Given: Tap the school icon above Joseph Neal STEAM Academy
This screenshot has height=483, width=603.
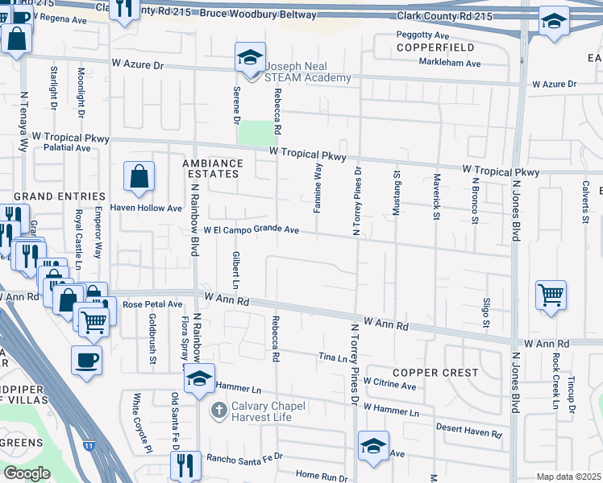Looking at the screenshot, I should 250,58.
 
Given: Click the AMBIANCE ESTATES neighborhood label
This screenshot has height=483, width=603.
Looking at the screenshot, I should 211,167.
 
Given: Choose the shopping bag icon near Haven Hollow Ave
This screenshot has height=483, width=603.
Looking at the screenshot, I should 139,176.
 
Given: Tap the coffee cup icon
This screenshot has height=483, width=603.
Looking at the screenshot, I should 86,361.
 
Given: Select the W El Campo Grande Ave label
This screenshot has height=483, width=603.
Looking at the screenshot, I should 252,230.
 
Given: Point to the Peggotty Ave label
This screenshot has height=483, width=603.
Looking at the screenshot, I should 422,35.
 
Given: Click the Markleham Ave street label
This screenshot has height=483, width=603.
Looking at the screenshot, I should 450,63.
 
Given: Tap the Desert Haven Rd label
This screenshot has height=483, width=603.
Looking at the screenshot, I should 468,431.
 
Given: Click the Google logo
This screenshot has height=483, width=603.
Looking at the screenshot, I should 27,473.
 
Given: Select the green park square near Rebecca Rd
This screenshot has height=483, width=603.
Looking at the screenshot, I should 256,132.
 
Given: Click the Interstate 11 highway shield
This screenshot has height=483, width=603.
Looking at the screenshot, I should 88,444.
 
